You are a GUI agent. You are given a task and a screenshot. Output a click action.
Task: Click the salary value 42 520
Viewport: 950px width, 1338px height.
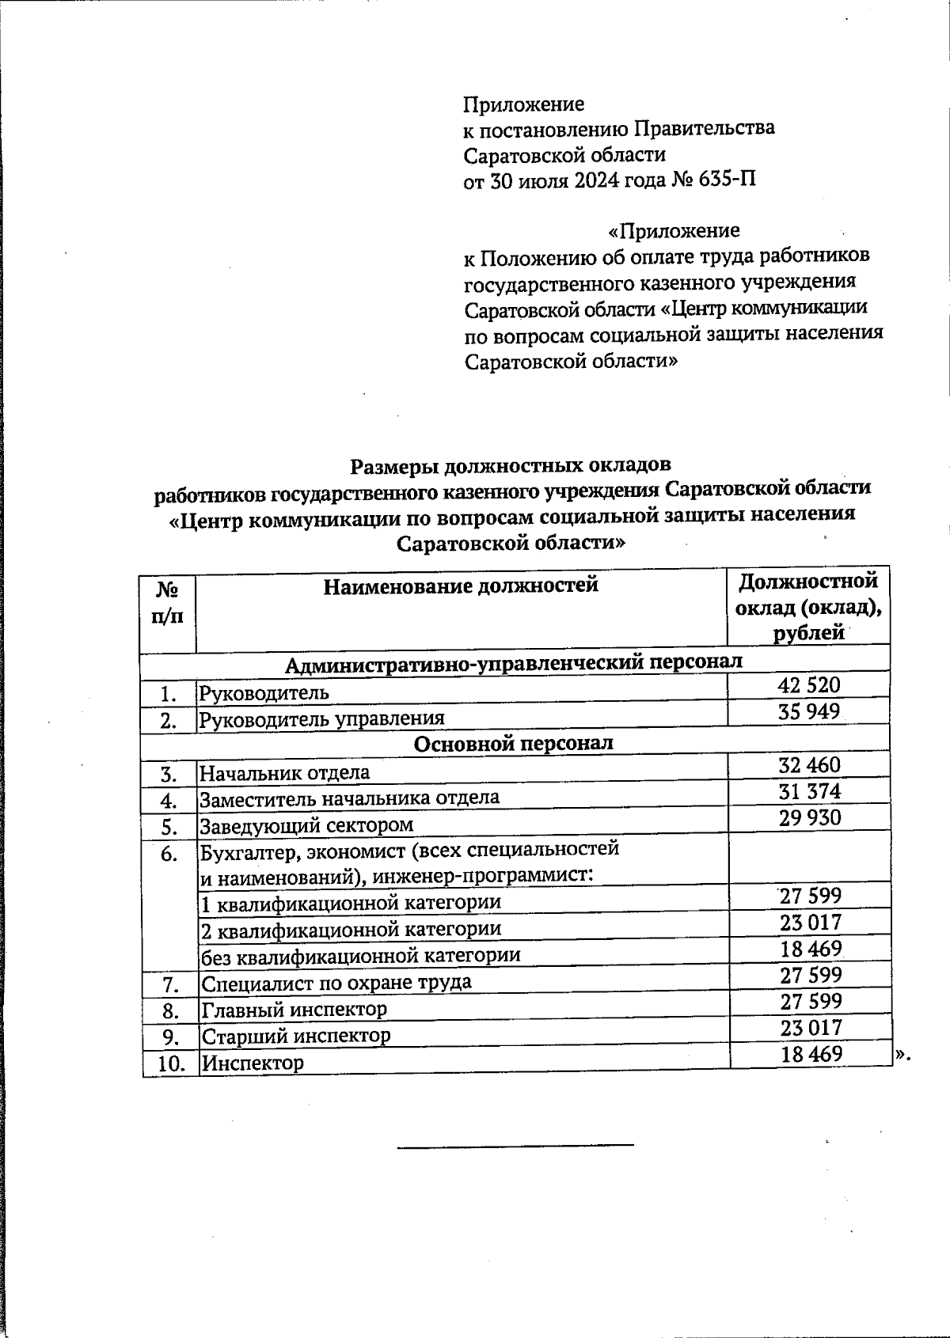(808, 685)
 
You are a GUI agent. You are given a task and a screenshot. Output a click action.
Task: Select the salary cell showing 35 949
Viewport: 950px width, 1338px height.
(808, 711)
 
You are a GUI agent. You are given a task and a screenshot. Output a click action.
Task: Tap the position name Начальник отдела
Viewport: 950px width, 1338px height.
(284, 772)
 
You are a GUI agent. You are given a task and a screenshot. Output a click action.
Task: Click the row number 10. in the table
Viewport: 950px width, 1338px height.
(170, 1063)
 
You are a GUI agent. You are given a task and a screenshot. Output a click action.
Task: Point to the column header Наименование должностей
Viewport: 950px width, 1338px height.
(461, 586)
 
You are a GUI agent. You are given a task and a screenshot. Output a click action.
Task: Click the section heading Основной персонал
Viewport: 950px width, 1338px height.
(514, 744)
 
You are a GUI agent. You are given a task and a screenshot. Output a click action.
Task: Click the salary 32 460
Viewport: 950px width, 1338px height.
(808, 765)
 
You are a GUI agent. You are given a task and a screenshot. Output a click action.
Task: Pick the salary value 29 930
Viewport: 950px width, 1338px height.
(808, 817)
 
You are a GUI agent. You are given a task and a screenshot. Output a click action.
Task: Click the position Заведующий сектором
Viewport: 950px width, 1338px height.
(306, 825)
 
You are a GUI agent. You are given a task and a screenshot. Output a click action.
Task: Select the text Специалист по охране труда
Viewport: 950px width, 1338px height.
(336, 983)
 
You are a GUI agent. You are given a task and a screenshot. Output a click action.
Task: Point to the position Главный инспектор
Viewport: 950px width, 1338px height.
(294, 1010)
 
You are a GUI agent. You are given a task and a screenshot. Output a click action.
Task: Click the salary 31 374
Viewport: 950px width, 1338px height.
(808, 791)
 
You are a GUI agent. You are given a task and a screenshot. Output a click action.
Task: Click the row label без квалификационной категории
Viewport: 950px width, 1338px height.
(360, 955)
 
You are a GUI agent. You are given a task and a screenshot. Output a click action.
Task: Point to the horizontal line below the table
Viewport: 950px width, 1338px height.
(515, 1144)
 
